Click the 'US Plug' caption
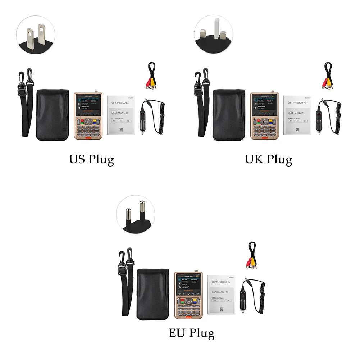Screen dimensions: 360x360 [91, 159]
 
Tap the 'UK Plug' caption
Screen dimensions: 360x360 [268, 159]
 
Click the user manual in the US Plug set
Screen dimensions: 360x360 [120, 115]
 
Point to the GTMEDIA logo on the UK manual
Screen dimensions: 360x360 [296, 102]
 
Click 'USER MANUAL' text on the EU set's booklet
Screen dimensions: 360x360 [220, 292]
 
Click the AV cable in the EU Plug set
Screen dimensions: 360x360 [252, 256]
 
